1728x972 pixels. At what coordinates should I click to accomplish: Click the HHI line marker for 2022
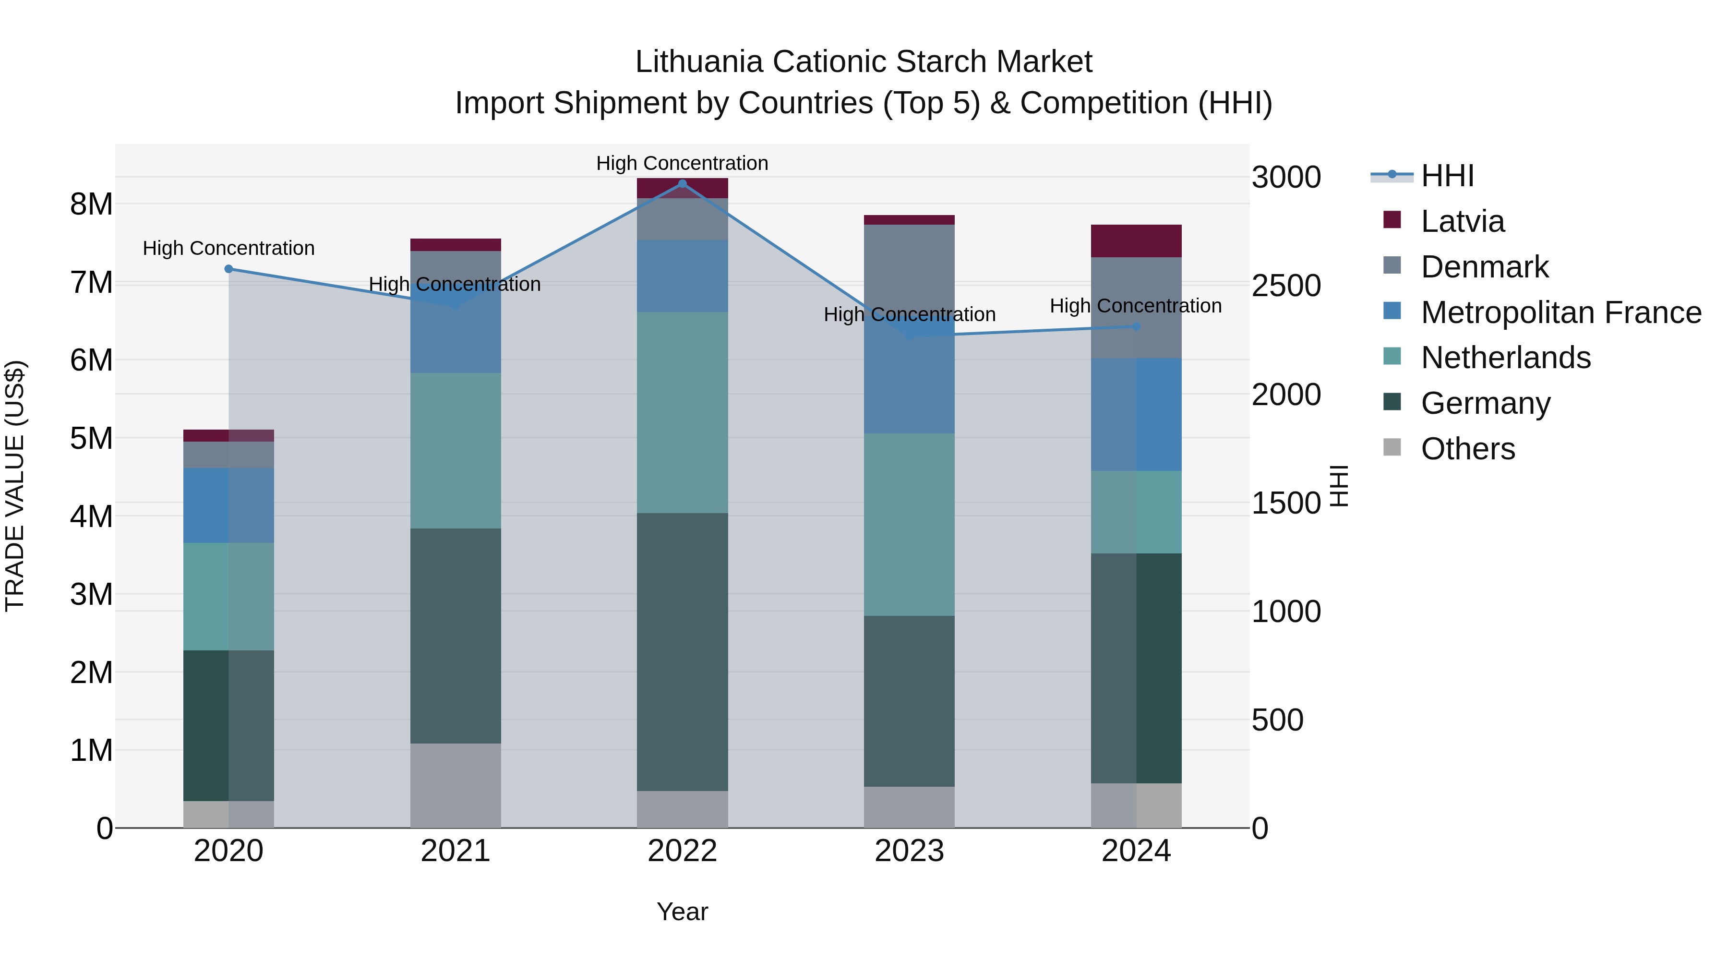pos(682,184)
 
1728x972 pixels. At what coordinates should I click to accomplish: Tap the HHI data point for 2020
pos(229,269)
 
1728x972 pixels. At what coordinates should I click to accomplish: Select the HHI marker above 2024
pos(1136,327)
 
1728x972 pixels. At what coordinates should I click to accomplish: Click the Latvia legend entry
pos(1463,221)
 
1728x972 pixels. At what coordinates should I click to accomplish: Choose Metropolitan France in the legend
pos(1560,312)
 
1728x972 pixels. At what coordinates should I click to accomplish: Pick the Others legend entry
pos(1468,449)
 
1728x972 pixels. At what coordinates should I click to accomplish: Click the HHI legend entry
pos(1447,176)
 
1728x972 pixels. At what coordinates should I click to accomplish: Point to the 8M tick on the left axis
pos(92,204)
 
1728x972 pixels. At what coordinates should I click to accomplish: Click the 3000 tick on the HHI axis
pos(1286,178)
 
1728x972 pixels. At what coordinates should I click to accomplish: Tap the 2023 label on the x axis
pos(909,851)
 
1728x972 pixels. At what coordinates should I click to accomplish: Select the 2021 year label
pos(456,851)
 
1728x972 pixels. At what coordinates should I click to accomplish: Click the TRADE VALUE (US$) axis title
pos(15,486)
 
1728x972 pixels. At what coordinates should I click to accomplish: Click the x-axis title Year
pos(682,912)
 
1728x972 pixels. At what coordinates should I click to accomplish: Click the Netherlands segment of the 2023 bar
pos(909,525)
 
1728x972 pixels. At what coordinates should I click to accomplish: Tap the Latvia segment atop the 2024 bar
pos(1136,241)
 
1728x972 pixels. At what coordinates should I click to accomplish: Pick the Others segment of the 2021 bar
pos(456,785)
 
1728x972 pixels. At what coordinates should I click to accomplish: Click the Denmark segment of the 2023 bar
pos(909,268)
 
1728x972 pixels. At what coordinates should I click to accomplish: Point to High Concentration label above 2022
pos(682,163)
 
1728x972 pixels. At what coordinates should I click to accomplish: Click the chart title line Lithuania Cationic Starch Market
pos(864,62)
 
